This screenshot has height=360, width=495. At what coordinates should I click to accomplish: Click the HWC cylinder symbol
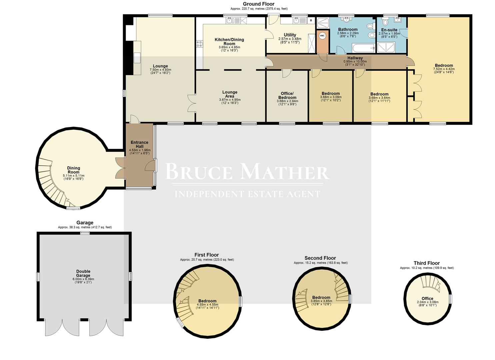pos(322,36)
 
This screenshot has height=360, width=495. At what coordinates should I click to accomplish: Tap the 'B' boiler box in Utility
pos(311,21)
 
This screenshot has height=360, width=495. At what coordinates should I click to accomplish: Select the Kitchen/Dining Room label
pos(229,41)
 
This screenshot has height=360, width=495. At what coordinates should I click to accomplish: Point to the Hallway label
pos(355,58)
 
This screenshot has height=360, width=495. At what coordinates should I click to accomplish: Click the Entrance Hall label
pos(139,144)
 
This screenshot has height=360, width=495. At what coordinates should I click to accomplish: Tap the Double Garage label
pos(83,273)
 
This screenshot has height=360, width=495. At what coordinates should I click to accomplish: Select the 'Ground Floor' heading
pos(259,4)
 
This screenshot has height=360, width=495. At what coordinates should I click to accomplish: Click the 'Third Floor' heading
pos(426,263)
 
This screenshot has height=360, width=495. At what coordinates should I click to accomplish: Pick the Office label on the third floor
pos(427,298)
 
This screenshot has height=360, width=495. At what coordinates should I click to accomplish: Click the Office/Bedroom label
pos(287,95)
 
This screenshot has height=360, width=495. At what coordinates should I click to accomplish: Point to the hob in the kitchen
pos(199,43)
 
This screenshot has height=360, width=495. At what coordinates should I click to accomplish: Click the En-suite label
pos(389,30)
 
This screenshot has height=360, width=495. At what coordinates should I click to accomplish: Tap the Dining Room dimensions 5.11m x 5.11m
pos(73,176)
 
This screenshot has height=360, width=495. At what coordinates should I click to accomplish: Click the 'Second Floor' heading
pos(320,258)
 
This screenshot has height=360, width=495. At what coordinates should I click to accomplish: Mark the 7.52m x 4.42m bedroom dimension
pos(444,69)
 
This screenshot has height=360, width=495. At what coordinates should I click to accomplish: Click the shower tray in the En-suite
pos(386,48)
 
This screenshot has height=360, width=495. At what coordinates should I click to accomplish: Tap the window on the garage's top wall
pos(85,233)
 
